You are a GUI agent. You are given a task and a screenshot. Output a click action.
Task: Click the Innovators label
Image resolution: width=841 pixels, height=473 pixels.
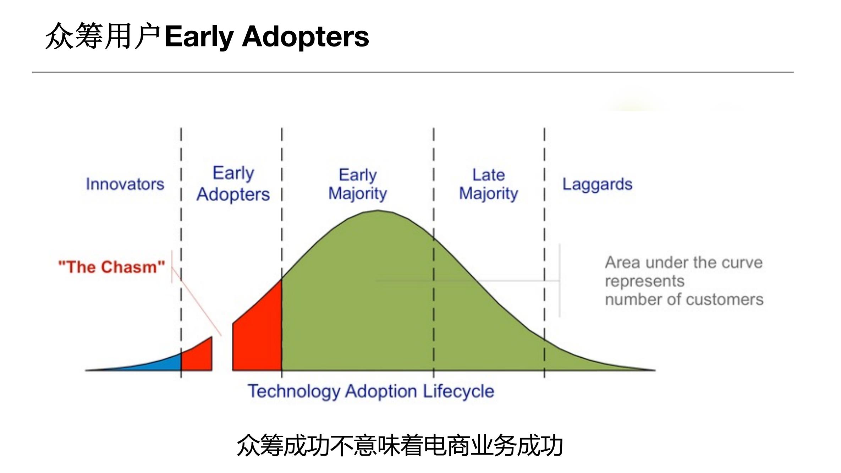[x=125, y=184]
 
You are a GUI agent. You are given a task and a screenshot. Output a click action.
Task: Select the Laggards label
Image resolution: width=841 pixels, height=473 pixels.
[x=597, y=185]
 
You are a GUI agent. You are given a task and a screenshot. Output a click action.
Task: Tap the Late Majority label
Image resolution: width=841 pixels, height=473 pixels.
[x=488, y=184]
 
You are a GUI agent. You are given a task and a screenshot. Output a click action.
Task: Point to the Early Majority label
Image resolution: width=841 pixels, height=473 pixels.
[x=357, y=184]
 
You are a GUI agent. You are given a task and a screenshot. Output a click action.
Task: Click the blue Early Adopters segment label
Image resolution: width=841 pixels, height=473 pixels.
[x=233, y=184]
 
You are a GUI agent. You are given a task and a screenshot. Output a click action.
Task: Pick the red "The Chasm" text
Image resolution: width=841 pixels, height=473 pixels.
[x=112, y=267]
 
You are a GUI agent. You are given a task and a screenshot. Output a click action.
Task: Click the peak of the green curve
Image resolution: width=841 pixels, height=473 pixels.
[x=378, y=211]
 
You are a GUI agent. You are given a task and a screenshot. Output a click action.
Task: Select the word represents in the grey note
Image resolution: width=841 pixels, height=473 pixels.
[x=644, y=281]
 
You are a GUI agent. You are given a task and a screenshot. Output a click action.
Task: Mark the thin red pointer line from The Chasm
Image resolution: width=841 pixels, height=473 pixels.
[x=196, y=302]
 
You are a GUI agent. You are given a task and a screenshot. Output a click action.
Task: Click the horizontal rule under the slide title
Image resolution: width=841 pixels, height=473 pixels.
[x=413, y=72]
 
